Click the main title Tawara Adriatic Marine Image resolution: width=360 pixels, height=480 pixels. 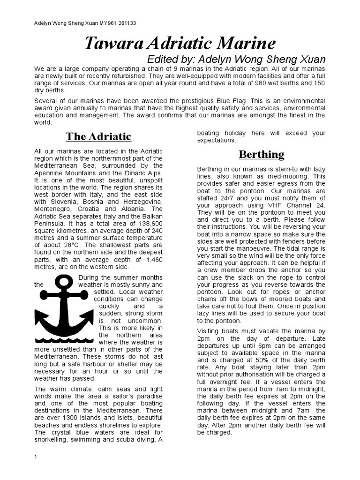click(180, 44)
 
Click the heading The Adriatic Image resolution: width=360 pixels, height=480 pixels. click(98, 137)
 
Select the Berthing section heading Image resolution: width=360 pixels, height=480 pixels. click(261, 154)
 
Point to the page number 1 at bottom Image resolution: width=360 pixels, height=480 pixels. click(36, 457)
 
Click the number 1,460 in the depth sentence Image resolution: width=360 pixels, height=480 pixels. click(151, 259)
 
